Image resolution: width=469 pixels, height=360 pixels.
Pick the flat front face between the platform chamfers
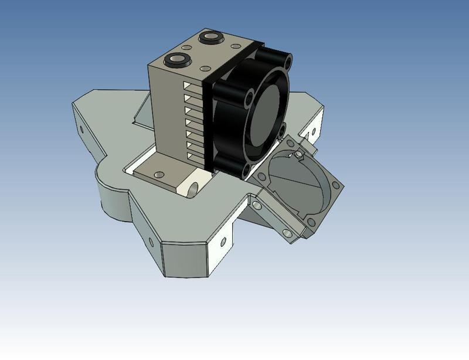pos(185,258)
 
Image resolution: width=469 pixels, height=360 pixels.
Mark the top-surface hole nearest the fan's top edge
pos(235,46)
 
